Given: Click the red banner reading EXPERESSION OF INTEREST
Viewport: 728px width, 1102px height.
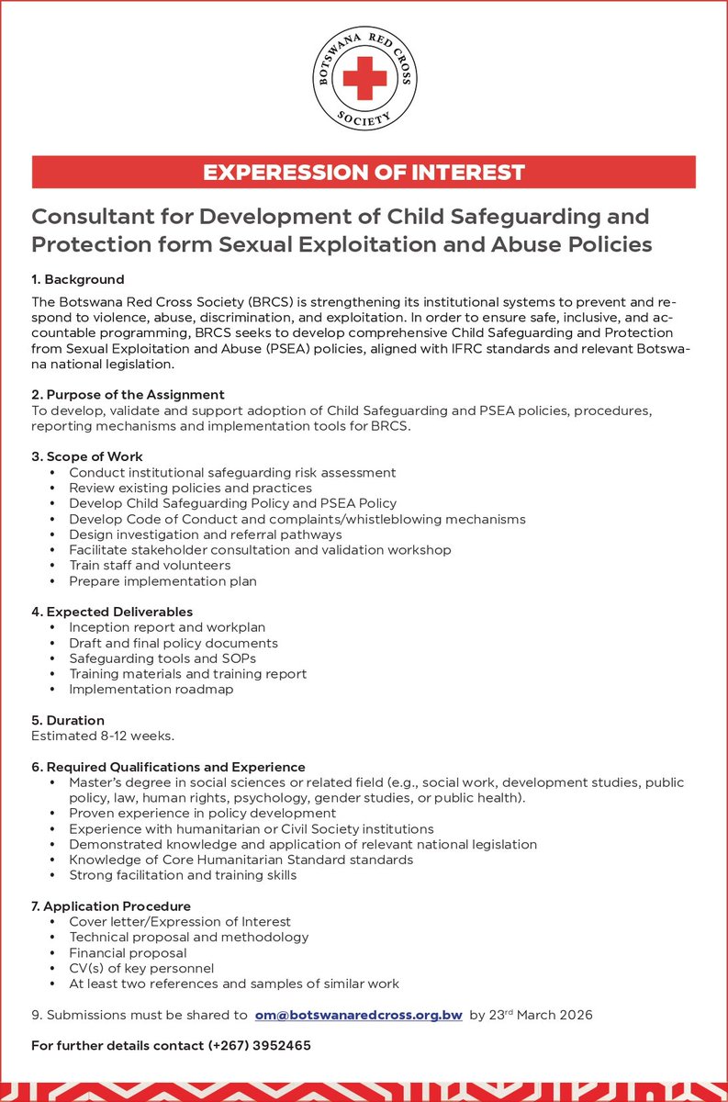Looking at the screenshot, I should point(364,172).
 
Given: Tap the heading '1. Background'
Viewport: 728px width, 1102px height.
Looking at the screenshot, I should point(78,279).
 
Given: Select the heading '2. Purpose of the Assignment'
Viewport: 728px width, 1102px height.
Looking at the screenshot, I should point(128,395).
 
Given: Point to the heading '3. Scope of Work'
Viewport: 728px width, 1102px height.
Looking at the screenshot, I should point(87,456).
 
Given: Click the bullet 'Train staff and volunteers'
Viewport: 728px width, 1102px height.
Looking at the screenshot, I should point(150,566).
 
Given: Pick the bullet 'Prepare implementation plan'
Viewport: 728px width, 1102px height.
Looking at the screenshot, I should point(162,581).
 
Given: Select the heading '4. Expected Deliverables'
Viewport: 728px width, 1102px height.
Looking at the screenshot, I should point(112,612).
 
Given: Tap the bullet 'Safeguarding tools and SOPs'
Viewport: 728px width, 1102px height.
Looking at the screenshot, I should point(162,658).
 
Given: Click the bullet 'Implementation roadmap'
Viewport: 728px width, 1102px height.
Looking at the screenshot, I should point(151,690).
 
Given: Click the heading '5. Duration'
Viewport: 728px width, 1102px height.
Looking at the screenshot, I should point(68,721).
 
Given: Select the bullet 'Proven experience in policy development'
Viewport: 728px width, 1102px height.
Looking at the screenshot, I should point(202,814).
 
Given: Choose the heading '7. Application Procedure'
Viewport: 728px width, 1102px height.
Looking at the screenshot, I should point(111,906).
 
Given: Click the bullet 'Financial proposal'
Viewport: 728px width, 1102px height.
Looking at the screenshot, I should point(128,953).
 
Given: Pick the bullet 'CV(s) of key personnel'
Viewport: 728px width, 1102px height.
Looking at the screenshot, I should point(141,968).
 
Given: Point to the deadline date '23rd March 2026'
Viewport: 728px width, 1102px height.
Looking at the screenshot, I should point(541,1015).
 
